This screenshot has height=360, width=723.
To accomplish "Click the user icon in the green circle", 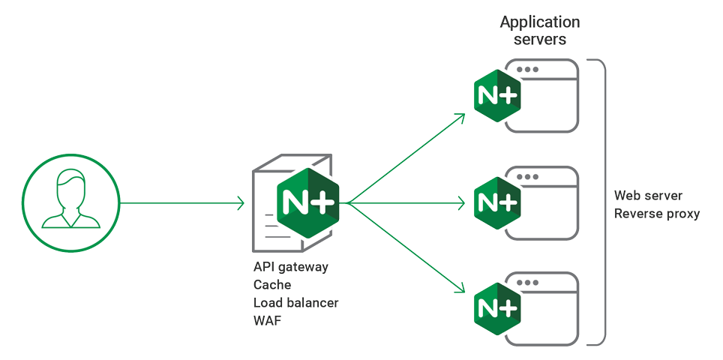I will tap(71, 202).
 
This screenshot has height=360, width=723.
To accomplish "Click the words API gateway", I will tap(290, 267).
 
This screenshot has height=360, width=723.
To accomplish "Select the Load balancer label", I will tap(295, 303).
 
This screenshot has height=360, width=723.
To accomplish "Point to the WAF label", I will tap(267, 321).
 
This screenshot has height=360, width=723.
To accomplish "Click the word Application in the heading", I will tap(540, 22).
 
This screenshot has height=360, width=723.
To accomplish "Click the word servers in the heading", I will tap(540, 39).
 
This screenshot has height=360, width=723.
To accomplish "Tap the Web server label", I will tap(648, 196).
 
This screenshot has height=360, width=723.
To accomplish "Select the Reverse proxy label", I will tap(656, 214).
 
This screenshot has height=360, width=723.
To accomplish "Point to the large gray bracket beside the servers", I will tap(600, 202).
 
